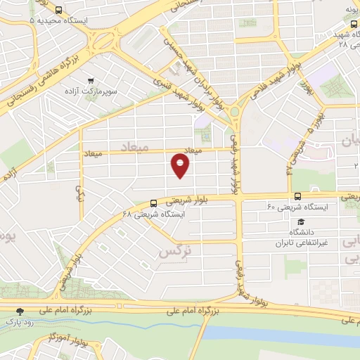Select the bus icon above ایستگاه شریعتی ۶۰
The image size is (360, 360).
(x=298, y=196)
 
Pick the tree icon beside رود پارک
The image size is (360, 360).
(x=20, y=311)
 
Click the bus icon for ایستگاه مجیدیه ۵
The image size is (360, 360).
(x=58, y=11)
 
